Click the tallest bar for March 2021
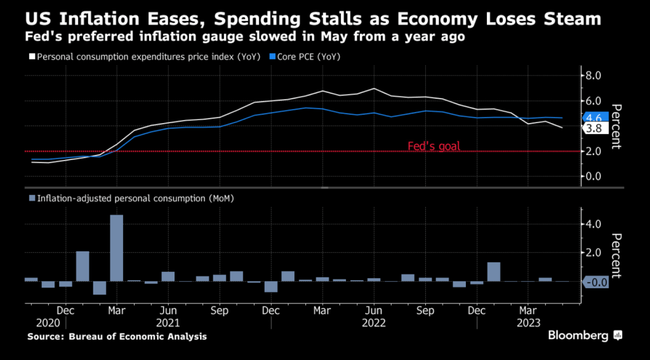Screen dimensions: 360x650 pos(116,248)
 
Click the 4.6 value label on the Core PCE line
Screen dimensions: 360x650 pos(595,117)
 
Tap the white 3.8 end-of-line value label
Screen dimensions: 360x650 pos(595,129)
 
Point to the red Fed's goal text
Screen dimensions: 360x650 pos(434,147)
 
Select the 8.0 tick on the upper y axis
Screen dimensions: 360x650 pos(592,76)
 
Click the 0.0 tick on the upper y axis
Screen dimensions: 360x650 pos(592,176)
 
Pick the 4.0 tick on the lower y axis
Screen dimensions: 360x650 pos(592,224)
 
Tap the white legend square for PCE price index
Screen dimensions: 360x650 pos(32,57)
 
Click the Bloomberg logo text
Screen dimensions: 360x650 pos(578,335)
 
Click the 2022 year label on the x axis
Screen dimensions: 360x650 pos(374,323)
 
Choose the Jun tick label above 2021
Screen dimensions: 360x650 pos(167,311)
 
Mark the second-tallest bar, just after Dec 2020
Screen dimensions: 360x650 pos(83,266)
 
